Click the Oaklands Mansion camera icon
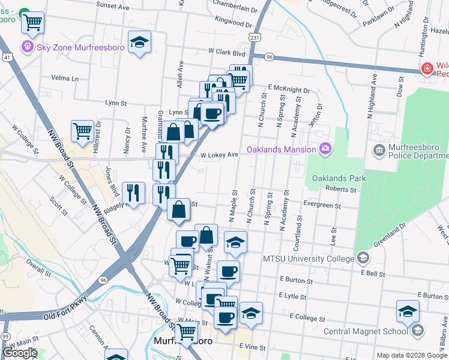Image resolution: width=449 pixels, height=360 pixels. [x=325, y=148]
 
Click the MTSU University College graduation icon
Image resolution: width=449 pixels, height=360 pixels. [x=362, y=259]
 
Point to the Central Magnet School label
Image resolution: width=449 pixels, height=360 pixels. [x=366, y=331]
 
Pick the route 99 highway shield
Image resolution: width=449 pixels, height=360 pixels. [x=5, y=335]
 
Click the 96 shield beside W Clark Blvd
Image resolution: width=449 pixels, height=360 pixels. [x=268, y=57]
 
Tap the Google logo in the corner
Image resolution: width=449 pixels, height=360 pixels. [x=20, y=353]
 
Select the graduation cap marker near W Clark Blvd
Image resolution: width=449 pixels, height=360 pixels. [x=140, y=42]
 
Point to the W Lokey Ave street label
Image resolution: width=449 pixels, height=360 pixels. [x=219, y=155]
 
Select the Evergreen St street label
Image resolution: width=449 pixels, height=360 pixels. [x=322, y=206]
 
